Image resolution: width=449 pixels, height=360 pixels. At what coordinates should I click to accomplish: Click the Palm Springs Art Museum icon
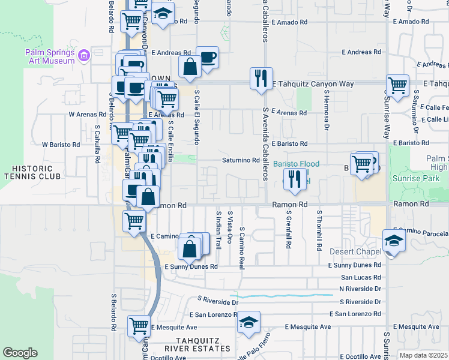pyautogui.click(x=83, y=56)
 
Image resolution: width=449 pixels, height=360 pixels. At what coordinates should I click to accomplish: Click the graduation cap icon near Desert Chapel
pyautogui.click(x=394, y=240)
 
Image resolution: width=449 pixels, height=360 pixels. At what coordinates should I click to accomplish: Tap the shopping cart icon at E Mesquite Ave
pyautogui.click(x=139, y=326)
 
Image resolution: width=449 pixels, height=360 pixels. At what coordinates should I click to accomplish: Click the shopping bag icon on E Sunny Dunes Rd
pyautogui.click(x=190, y=248)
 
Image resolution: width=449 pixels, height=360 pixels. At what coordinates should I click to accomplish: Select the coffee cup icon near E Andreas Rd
pyautogui.click(x=208, y=58)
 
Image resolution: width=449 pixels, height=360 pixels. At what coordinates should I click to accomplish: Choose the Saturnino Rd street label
pyautogui.click(x=240, y=160)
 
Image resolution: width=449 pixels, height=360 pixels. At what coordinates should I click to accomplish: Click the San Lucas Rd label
pyautogui.click(x=361, y=277)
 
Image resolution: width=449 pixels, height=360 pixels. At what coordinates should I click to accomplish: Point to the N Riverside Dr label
pyautogui.click(x=360, y=289)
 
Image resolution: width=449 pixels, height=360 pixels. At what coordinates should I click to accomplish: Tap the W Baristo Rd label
pyautogui.click(x=61, y=145)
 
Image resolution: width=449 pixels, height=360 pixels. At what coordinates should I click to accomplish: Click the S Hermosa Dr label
pyautogui.click(x=327, y=111)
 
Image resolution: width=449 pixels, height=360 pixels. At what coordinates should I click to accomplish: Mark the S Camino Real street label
pyautogui.click(x=242, y=247)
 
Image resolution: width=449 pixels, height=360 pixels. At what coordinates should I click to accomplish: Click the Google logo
pyautogui.click(x=20, y=353)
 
